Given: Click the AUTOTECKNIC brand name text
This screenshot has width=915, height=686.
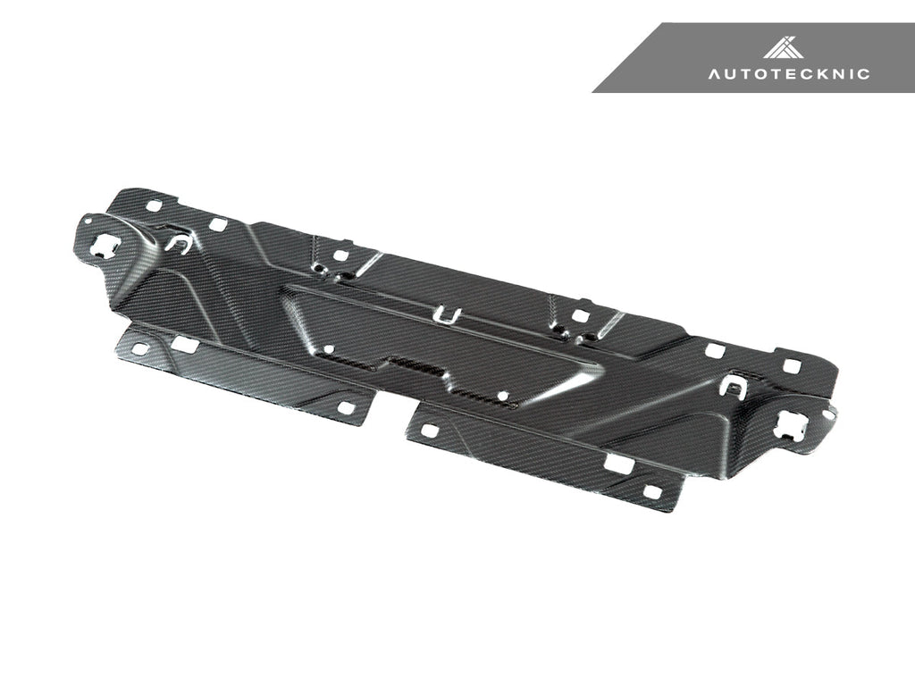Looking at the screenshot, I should coord(789,74).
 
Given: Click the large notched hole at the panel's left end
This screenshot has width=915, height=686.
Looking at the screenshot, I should coord(104,241).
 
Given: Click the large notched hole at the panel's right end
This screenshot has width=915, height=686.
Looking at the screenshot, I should coord(792,423).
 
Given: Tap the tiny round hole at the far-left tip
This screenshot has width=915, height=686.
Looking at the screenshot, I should coord(87,218).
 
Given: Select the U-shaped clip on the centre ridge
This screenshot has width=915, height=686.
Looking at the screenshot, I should coord(446,314).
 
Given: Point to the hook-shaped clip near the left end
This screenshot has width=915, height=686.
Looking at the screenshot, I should coord(179,243).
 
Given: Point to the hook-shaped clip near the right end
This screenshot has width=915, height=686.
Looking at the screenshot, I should coord(731,386).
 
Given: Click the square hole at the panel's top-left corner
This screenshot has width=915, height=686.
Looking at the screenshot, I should coord(153,205).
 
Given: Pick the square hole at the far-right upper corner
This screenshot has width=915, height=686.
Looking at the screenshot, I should coord(790,365).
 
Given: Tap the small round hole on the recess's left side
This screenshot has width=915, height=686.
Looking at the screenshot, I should coord(329,349).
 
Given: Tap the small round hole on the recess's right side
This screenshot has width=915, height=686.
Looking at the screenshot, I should coord(503,394).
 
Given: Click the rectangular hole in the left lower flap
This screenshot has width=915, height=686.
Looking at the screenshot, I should coord(185,345).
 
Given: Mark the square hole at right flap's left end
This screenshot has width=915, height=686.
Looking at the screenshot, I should coord(428,431).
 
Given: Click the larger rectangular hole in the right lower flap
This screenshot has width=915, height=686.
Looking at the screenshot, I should coord(617,463).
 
